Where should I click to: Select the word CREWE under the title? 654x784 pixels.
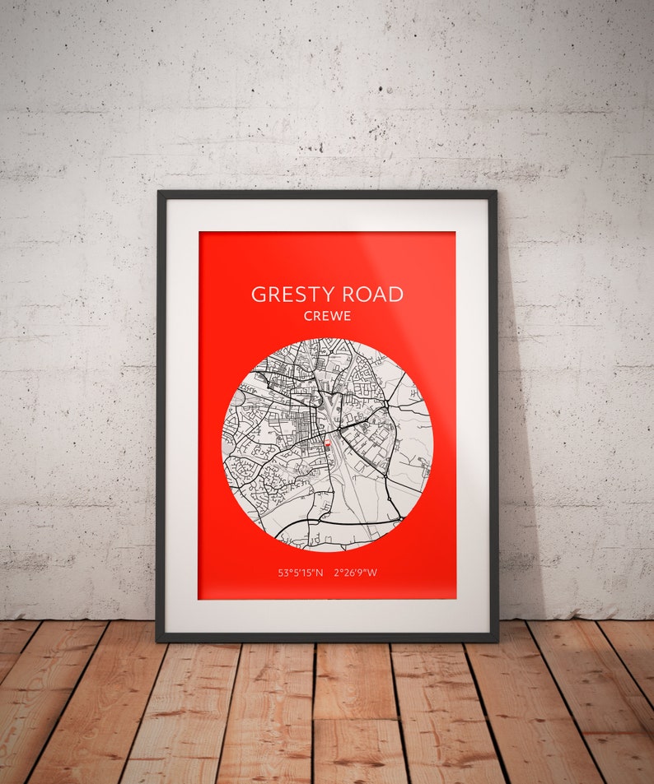(327, 316)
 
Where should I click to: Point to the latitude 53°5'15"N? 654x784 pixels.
(301, 573)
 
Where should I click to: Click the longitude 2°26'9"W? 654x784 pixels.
(356, 573)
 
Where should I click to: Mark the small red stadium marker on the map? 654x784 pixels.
(328, 443)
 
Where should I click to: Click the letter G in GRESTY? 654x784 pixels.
(259, 295)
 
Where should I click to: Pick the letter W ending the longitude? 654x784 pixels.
(372, 573)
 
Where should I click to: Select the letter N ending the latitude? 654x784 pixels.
(320, 573)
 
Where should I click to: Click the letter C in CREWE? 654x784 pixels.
(308, 316)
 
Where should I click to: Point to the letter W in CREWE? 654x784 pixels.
(335, 316)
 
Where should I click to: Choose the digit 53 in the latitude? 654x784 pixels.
(284, 573)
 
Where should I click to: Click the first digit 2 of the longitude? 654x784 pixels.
(338, 573)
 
